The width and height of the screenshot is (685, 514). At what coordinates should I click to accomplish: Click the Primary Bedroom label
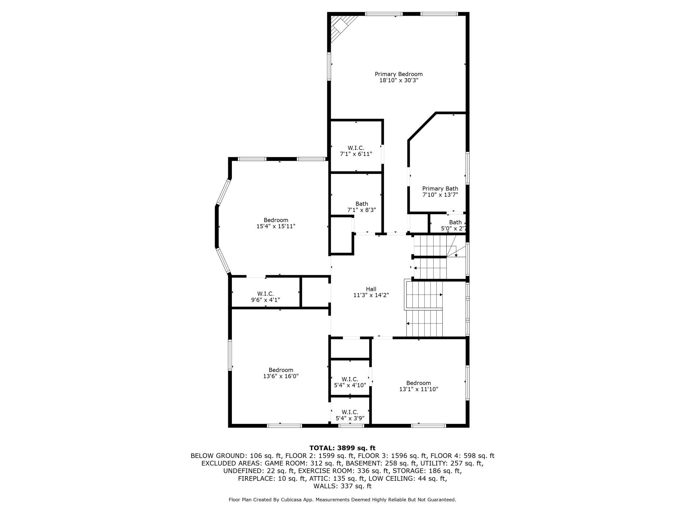click(x=398, y=74)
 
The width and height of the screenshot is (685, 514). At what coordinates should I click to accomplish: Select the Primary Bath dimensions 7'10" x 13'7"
click(x=440, y=195)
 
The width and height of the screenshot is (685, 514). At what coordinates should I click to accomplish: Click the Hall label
click(x=371, y=289)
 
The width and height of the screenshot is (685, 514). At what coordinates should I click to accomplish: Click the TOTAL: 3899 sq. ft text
click(x=342, y=448)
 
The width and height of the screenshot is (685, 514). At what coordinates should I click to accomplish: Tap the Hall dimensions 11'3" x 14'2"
click(x=371, y=295)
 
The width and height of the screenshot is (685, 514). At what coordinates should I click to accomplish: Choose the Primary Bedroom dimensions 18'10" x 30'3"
click(x=398, y=80)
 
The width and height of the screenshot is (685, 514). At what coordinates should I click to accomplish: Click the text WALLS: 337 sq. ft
click(x=342, y=486)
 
